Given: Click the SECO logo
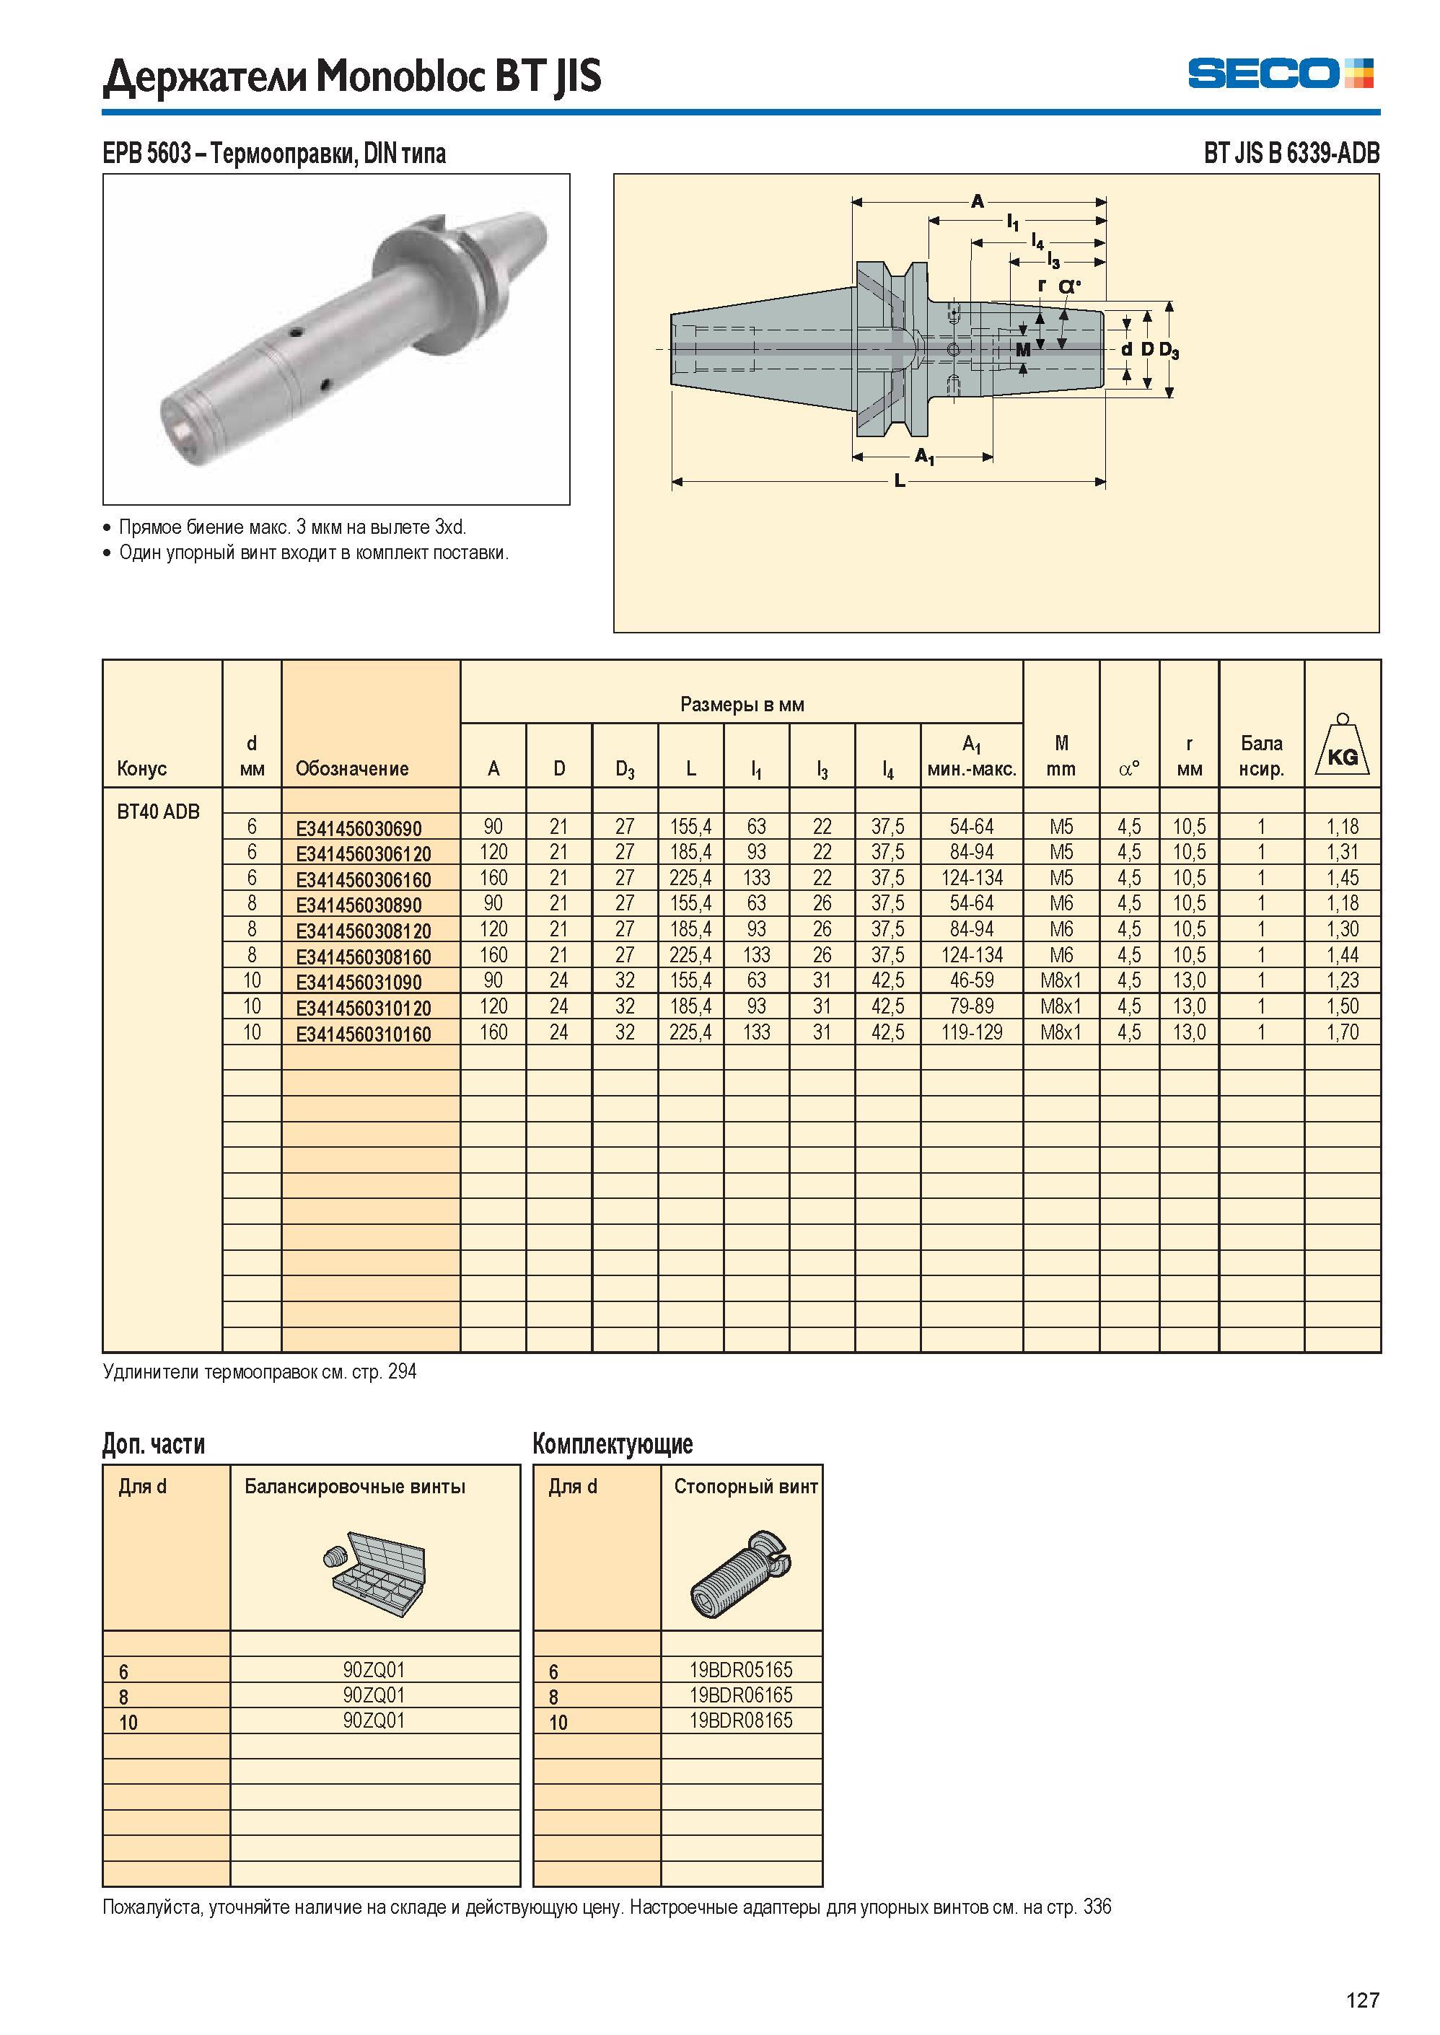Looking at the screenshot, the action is [1281, 73].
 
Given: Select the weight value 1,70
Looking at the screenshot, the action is [1343, 1032].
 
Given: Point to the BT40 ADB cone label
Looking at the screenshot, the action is [159, 812].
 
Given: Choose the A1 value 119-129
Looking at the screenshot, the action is [972, 1032].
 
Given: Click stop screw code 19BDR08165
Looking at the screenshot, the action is [741, 1720].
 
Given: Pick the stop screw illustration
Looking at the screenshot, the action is [741, 1574].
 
